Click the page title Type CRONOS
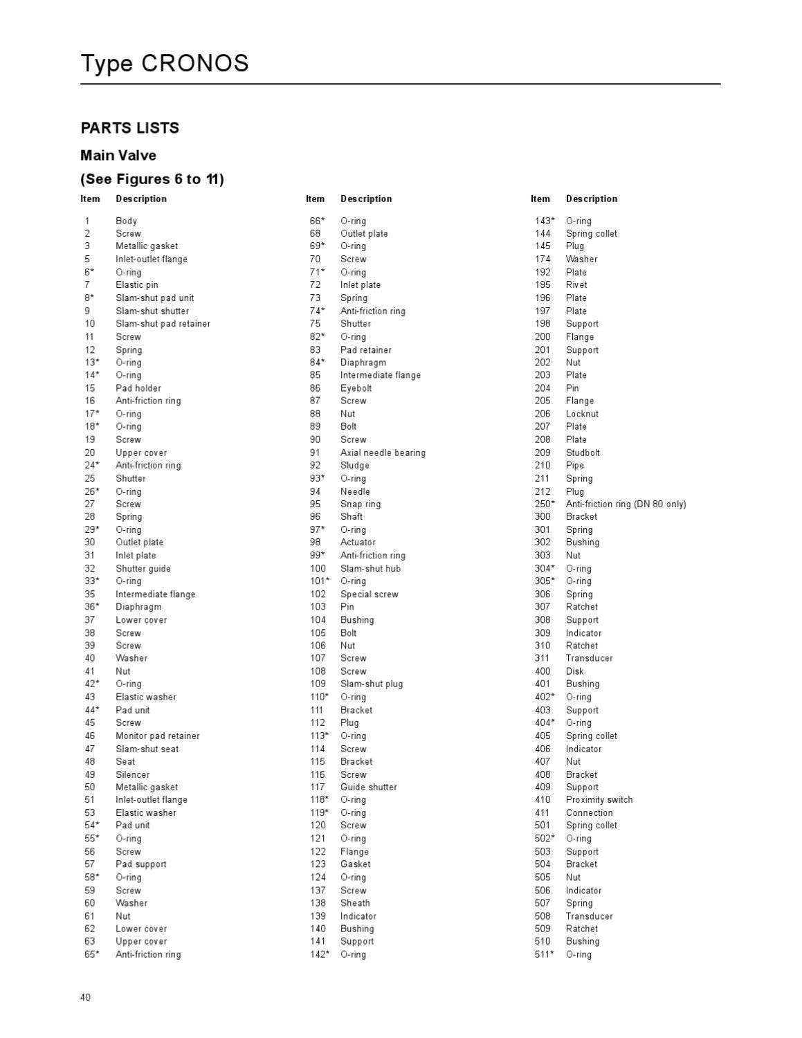pyautogui.click(x=165, y=64)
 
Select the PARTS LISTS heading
pyautogui.click(x=129, y=128)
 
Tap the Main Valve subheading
pyautogui.click(x=118, y=156)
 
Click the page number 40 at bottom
pyautogui.click(x=85, y=997)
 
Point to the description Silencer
pyautogui.click(x=132, y=774)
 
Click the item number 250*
pyautogui.click(x=544, y=504)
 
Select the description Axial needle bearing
pyautogui.click(x=383, y=453)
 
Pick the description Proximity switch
pyautogui.click(x=599, y=800)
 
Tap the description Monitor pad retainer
pyautogui.click(x=157, y=736)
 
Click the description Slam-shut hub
pyautogui.click(x=370, y=568)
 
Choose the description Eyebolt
pyautogui.click(x=356, y=388)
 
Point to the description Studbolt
pyautogui.click(x=583, y=453)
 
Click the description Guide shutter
pyautogui.click(x=368, y=787)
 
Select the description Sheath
pyautogui.click(x=355, y=903)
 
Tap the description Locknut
pyautogui.click(x=582, y=414)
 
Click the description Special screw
pyautogui.click(x=369, y=594)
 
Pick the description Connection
pyautogui.click(x=589, y=813)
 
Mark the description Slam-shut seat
pyautogui.click(x=147, y=749)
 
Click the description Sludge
pyautogui.click(x=354, y=465)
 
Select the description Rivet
pyautogui.click(x=576, y=284)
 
